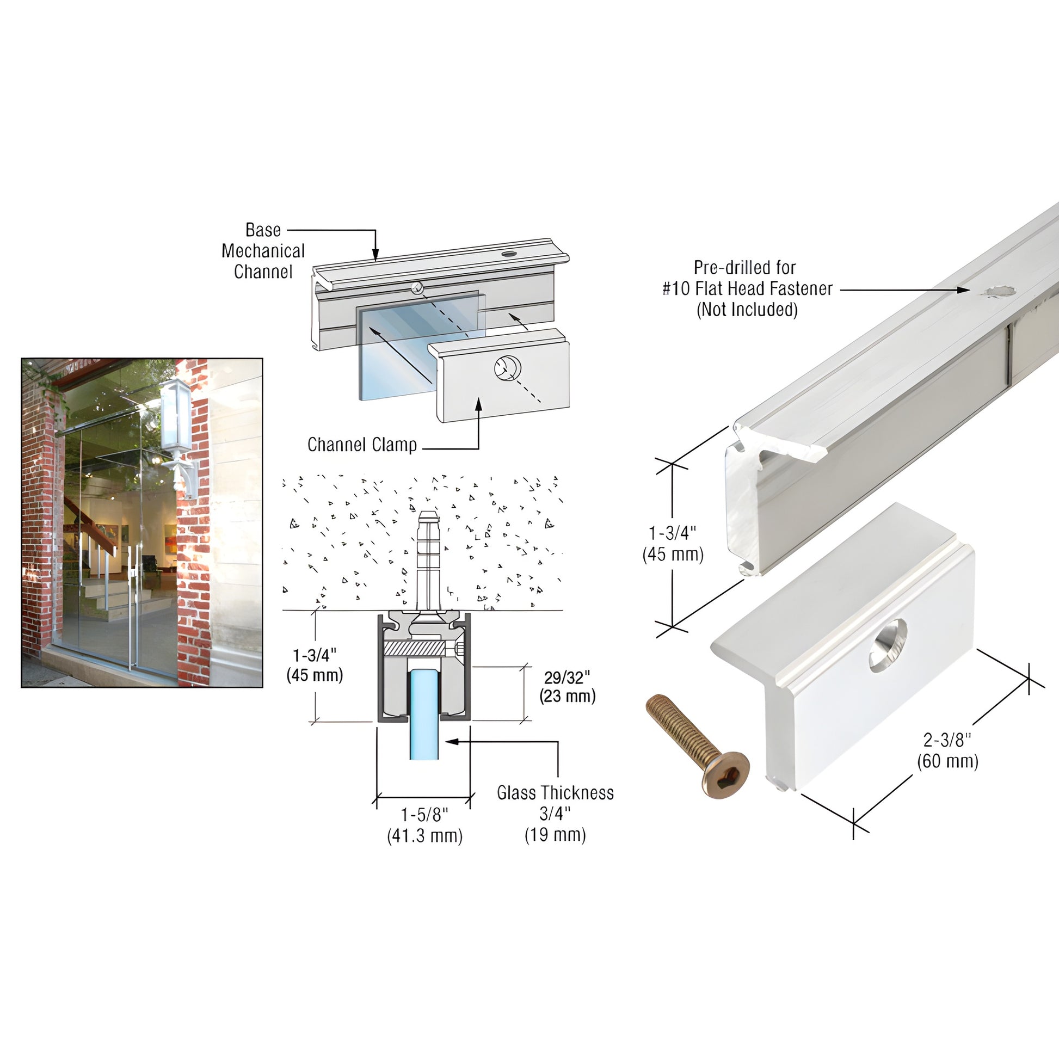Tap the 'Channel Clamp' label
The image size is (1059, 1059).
coord(362,445)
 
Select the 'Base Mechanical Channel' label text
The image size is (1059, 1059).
coord(263,250)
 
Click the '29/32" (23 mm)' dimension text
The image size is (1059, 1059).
coord(567,686)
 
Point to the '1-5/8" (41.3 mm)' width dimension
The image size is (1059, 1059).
coord(425,825)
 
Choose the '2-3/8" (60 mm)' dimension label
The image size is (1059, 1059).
coord(948,750)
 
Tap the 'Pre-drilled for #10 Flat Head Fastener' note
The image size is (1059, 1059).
coord(747,288)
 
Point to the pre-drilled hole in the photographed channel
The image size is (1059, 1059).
coord(998,292)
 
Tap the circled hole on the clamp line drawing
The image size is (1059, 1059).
coord(506,368)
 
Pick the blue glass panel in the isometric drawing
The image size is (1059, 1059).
coord(421,344)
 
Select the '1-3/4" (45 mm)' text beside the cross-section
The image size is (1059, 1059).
coord(315,665)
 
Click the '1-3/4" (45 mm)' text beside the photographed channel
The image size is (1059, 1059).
coord(673,544)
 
